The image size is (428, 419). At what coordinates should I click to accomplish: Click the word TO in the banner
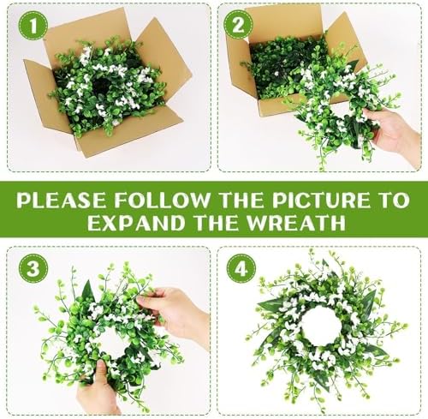[x=393, y=201]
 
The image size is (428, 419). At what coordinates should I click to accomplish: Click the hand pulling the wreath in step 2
[x=395, y=130]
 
